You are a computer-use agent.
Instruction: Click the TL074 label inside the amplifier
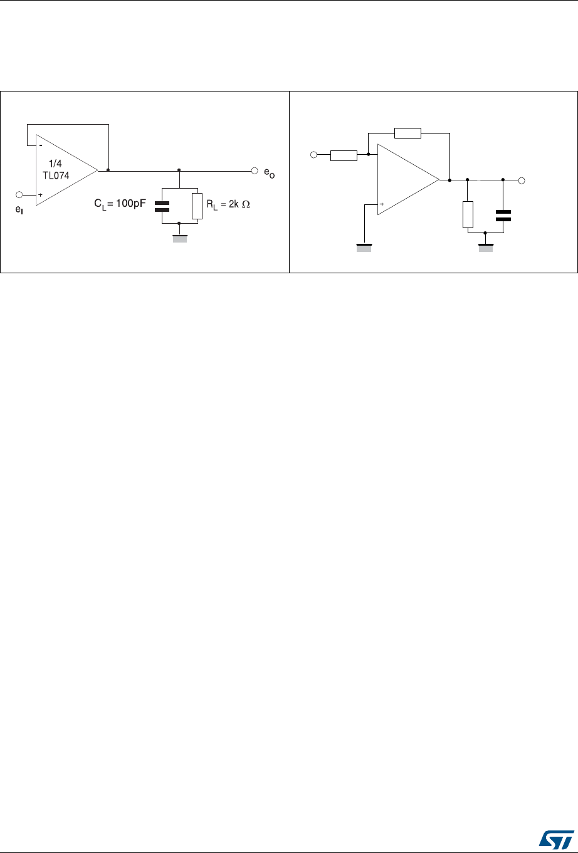pos(56,175)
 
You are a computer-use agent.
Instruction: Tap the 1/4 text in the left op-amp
pos(55,164)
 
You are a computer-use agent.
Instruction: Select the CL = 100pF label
pos(120,204)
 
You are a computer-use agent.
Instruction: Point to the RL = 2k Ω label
pos(228,204)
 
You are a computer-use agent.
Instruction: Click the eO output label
pos(270,173)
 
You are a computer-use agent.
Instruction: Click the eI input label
pos(19,209)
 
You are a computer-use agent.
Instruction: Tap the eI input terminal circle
pos(19,194)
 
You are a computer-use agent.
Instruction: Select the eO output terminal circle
pos(255,170)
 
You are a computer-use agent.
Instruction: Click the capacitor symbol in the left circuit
pos(162,206)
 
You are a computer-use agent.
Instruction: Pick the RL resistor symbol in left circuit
pos(197,206)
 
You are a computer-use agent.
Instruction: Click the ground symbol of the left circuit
pos(180,239)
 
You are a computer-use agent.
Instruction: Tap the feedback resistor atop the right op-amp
pos(407,133)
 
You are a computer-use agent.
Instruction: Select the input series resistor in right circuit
pos(344,156)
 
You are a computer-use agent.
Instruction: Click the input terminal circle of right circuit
pos(313,155)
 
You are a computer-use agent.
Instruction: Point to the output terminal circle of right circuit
pos(522,181)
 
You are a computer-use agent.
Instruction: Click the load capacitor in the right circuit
pos(503,216)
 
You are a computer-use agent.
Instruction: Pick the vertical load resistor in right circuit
pos(468,215)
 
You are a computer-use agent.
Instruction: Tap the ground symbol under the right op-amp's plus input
pos(364,248)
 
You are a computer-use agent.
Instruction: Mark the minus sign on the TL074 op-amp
pos(40,145)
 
